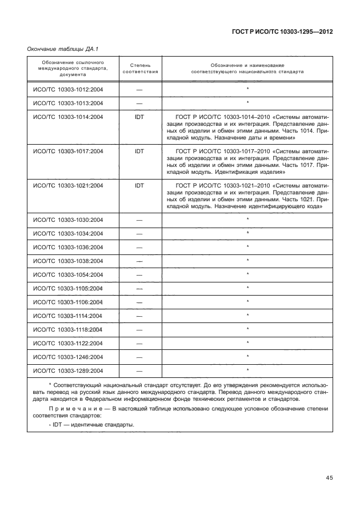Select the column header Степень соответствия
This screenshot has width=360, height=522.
tap(140, 69)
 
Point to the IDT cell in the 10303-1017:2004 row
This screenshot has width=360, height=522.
tap(140, 152)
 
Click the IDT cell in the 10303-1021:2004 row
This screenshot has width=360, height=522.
tap(140, 186)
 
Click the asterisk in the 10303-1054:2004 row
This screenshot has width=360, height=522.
tap(247, 274)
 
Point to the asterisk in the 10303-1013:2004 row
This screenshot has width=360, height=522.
tap(247, 103)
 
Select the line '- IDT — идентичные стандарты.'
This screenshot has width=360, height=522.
tap(91, 425)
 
